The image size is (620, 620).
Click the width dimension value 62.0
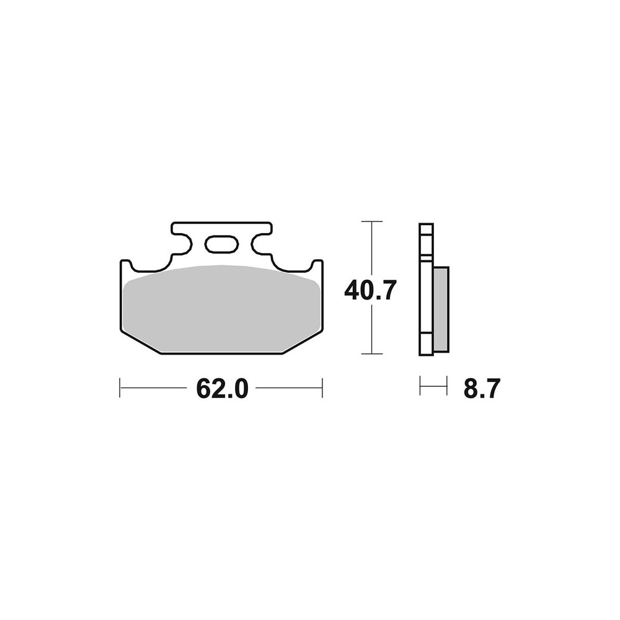(222, 389)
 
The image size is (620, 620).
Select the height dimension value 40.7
(370, 290)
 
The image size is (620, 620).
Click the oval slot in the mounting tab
(221, 244)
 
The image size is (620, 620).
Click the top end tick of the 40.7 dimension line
(371, 221)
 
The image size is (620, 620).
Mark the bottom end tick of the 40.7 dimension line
(371, 354)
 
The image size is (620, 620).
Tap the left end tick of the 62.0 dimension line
(120, 388)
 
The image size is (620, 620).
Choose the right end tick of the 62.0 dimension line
(322, 388)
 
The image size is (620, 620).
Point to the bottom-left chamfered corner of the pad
(139, 342)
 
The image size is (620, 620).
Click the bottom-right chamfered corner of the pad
(303, 342)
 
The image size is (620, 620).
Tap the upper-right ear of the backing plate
(317, 267)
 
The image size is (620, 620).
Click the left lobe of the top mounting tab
(181, 239)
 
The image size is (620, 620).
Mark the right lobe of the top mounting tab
(261, 239)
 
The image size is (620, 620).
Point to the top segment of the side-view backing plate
(426, 239)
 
